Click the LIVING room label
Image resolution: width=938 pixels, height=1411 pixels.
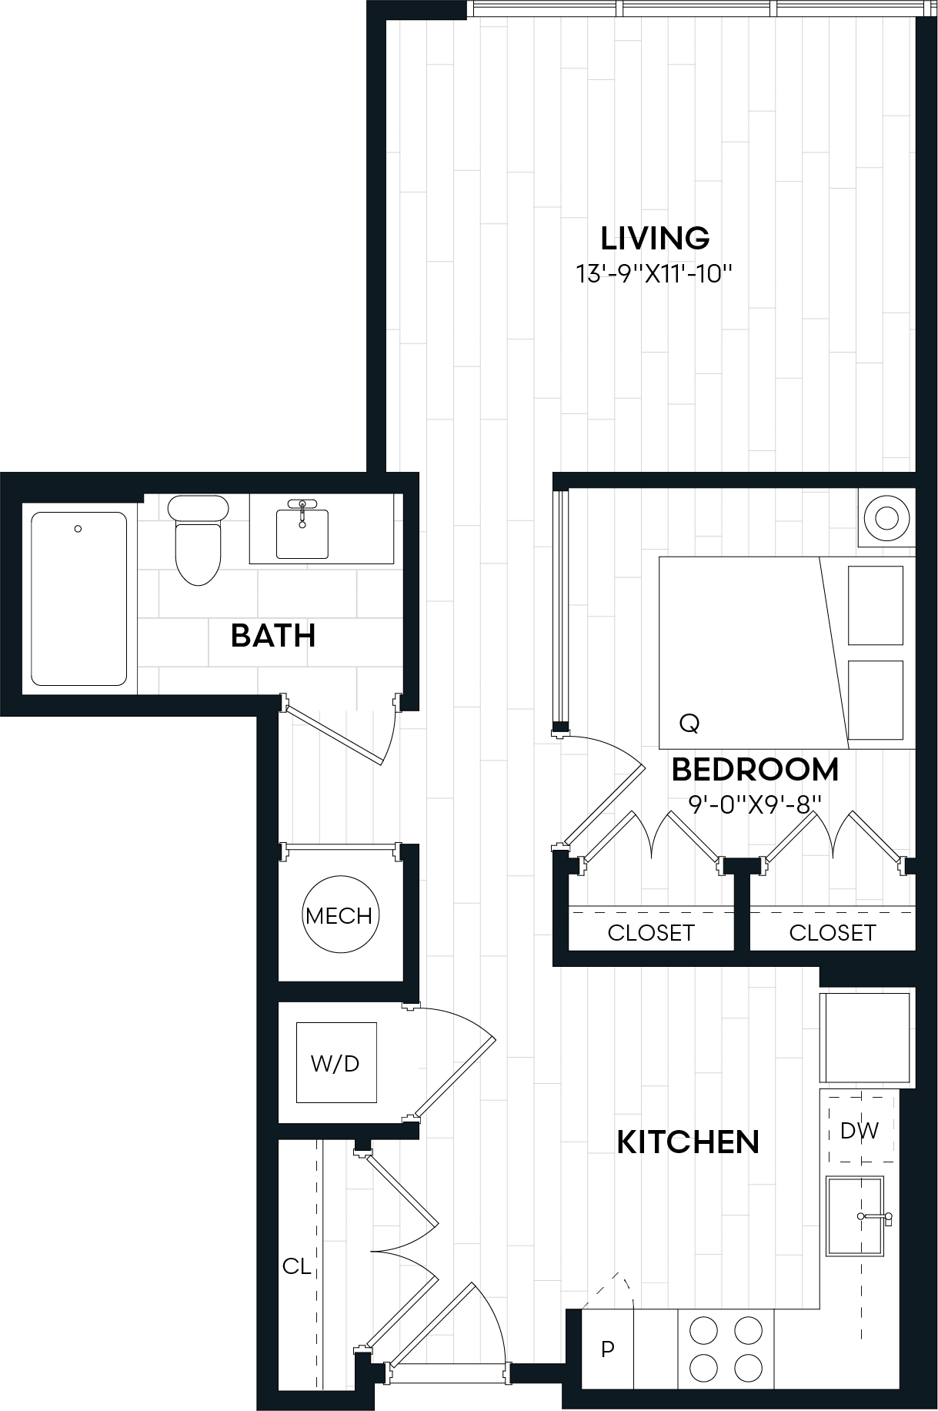coord(654,239)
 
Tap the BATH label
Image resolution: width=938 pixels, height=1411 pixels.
coord(273,636)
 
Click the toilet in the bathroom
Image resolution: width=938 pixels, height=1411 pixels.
coord(198,539)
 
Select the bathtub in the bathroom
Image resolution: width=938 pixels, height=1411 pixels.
coord(78,599)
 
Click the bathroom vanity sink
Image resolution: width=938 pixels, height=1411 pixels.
coord(302,531)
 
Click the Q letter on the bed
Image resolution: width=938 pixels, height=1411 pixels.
coord(689,723)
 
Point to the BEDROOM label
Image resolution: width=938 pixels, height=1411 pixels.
coord(755,770)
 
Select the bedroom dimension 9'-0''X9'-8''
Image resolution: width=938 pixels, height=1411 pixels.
coord(755,804)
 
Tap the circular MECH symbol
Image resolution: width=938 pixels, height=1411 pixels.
coord(339,915)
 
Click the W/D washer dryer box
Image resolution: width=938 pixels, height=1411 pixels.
coord(336,1063)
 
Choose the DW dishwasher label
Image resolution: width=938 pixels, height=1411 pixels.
coord(860,1131)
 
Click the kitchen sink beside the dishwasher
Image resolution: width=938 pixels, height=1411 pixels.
coord(854,1216)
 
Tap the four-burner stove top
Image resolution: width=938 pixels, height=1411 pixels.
coord(726,1349)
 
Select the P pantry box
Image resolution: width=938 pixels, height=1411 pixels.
coord(607,1349)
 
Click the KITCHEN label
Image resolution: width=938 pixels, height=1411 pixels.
coord(688,1142)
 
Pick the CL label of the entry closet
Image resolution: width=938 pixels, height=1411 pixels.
coord(296,1266)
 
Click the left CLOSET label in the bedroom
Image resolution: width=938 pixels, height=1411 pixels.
coord(651,933)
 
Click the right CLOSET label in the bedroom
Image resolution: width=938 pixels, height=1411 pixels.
coord(833,933)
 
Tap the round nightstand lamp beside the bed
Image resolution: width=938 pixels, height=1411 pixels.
coord(886,517)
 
